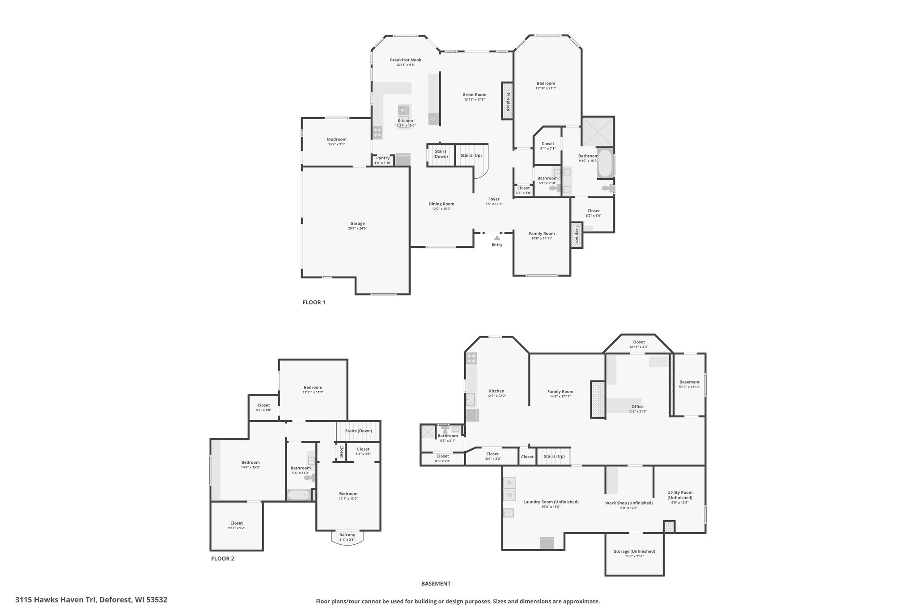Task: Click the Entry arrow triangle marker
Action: pos(497,238)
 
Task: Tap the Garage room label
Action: pos(357,223)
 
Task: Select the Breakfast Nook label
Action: pos(405,60)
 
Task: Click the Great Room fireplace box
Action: pos(507,101)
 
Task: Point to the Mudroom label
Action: pos(336,139)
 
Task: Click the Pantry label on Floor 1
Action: pos(383,158)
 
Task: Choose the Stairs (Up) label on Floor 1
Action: pos(471,155)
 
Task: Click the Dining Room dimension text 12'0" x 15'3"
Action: pos(441,209)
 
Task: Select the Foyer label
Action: pos(494,199)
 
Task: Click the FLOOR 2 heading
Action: pos(223,559)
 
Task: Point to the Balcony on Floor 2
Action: pos(348,537)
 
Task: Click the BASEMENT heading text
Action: pos(436,584)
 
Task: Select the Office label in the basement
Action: pos(637,406)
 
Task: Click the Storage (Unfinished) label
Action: pos(635,551)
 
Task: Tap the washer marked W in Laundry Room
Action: pos(509,496)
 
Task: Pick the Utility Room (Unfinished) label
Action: pos(680,495)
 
